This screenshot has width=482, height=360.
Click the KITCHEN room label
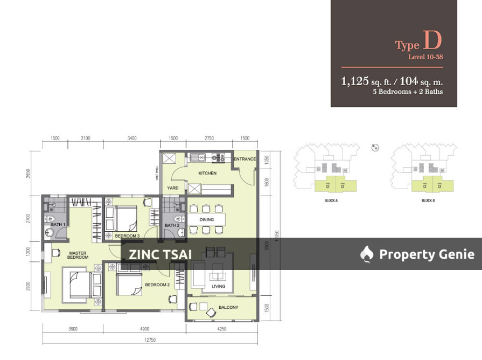click(x=207, y=173)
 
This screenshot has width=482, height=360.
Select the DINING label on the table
click(x=206, y=219)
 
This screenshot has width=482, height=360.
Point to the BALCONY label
click(x=228, y=307)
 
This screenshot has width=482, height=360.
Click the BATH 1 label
click(x=58, y=224)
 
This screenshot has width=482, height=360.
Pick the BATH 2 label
click(x=172, y=225)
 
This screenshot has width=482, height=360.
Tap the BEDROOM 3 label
click(x=128, y=236)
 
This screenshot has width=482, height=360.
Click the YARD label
click(x=172, y=188)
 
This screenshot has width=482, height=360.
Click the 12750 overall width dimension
click(x=150, y=340)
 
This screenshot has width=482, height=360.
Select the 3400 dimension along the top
click(x=131, y=139)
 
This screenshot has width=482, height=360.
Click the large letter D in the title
click(x=433, y=40)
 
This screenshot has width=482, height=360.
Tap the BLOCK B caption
click(x=428, y=200)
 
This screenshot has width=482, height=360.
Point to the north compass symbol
click(x=375, y=147)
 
